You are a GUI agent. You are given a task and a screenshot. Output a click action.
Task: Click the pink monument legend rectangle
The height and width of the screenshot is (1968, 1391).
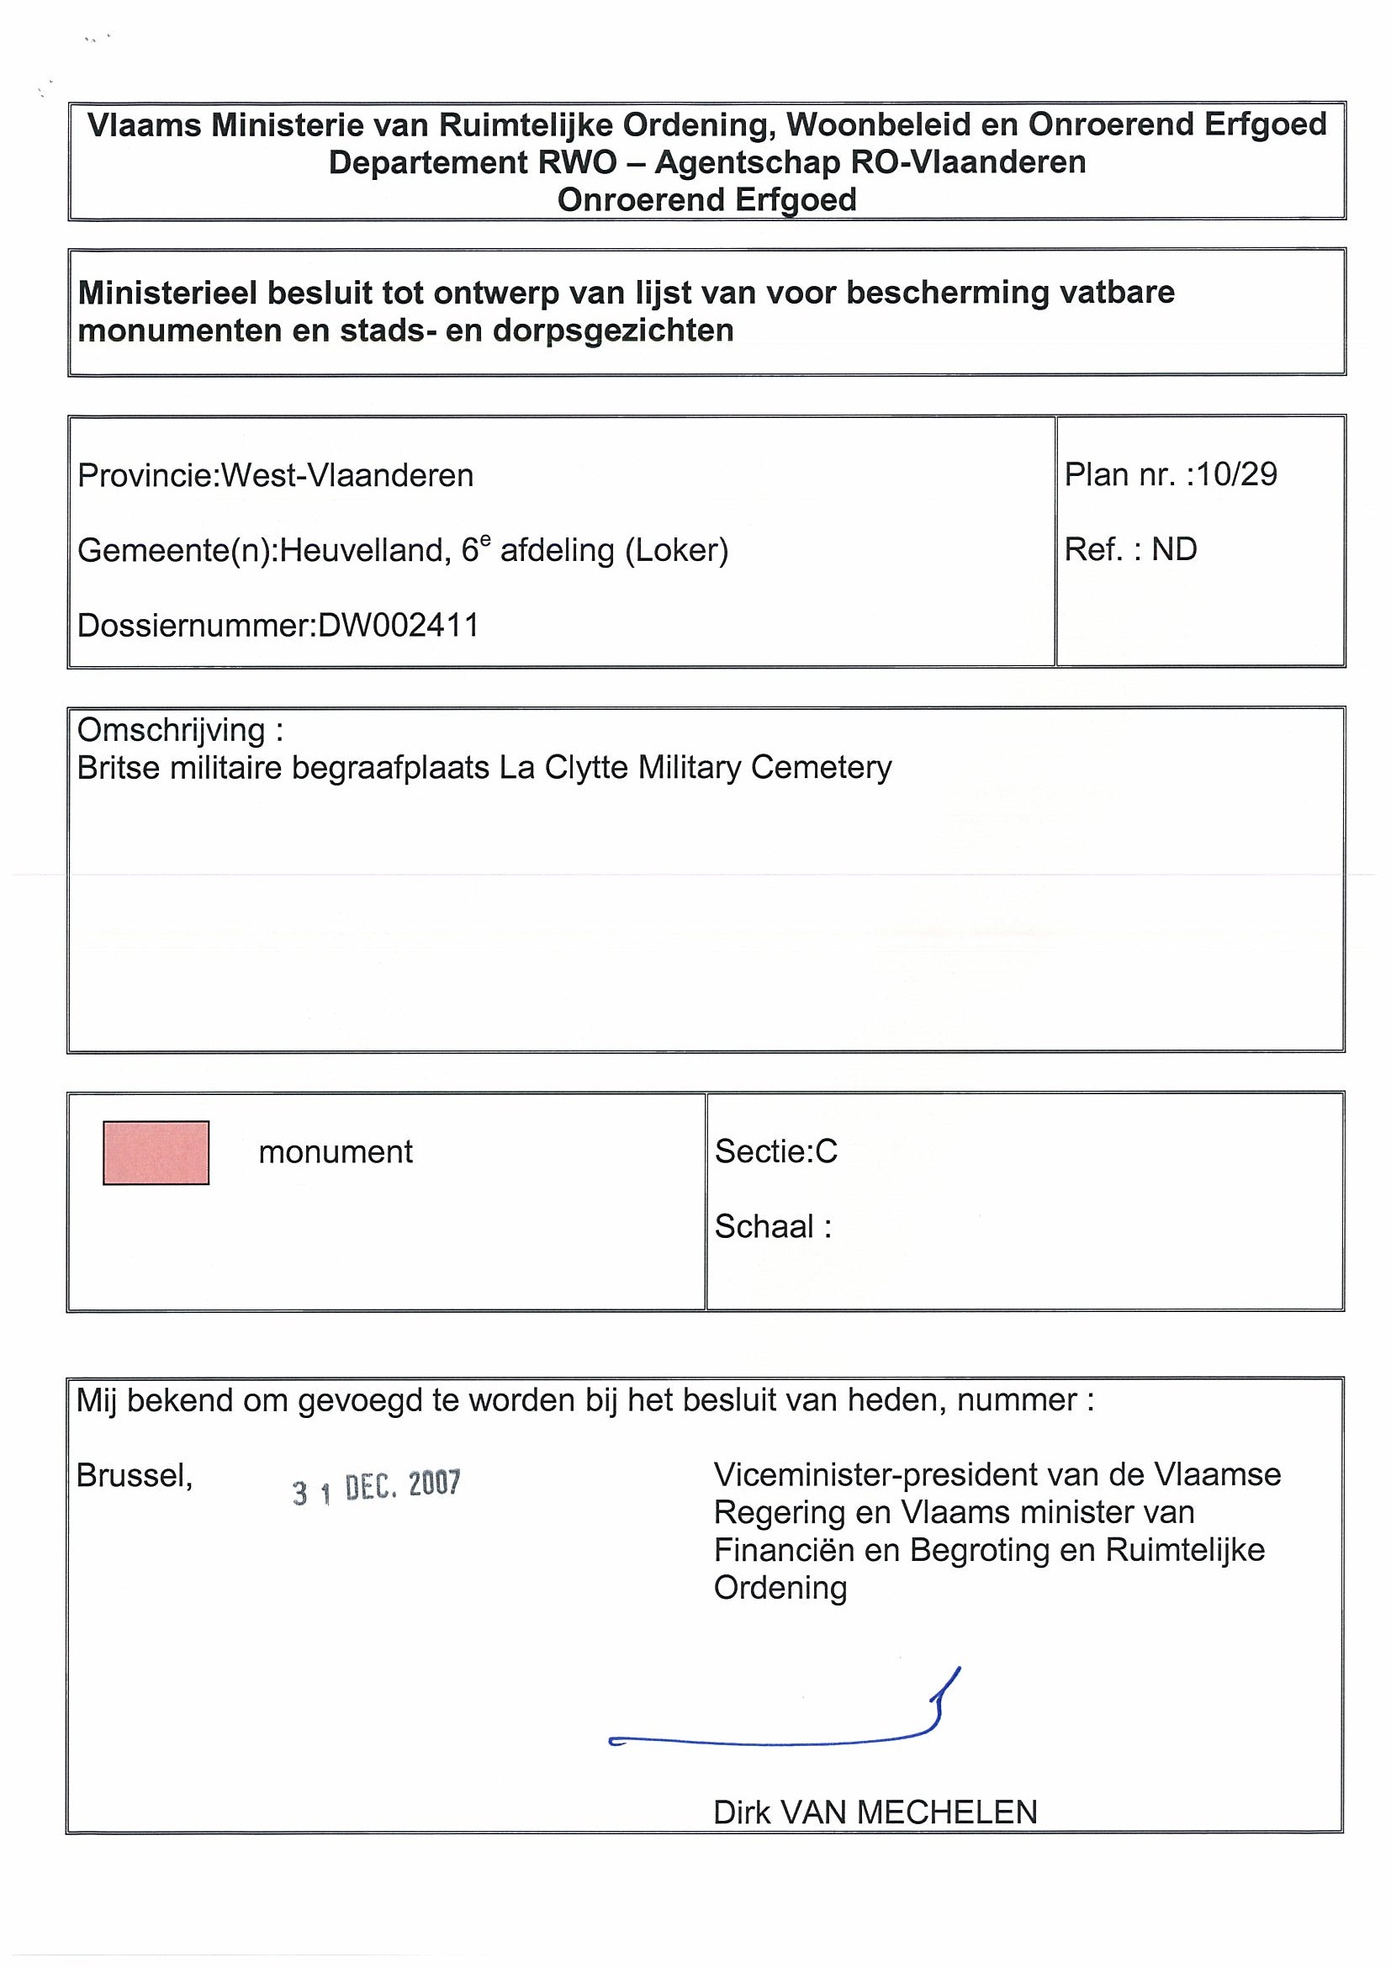click(156, 1153)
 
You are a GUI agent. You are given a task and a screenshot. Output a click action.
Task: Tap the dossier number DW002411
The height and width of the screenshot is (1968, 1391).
click(398, 625)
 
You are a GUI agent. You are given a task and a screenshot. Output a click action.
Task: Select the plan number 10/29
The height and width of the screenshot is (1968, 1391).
click(1237, 474)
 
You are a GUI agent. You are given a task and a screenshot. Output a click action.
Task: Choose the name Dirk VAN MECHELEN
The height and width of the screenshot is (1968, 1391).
click(875, 1812)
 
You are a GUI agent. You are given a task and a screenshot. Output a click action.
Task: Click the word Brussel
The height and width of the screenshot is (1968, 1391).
click(134, 1475)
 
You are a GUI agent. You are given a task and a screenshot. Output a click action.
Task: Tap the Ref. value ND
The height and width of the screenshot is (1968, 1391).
click(1173, 549)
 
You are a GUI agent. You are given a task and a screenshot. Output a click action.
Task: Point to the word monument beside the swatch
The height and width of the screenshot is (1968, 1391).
click(335, 1152)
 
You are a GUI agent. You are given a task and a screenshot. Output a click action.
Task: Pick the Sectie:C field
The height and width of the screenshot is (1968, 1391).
click(775, 1151)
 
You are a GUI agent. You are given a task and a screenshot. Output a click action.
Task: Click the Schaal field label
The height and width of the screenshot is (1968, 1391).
click(772, 1226)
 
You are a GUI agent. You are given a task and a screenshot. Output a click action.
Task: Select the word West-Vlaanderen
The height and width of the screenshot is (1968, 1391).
click(347, 475)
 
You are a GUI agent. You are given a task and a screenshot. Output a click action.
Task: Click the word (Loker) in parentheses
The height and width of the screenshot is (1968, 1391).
click(677, 550)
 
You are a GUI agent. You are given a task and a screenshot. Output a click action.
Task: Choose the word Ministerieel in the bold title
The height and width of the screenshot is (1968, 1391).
click(168, 294)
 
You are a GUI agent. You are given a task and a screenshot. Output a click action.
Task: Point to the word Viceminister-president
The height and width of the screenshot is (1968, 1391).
click(884, 1475)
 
